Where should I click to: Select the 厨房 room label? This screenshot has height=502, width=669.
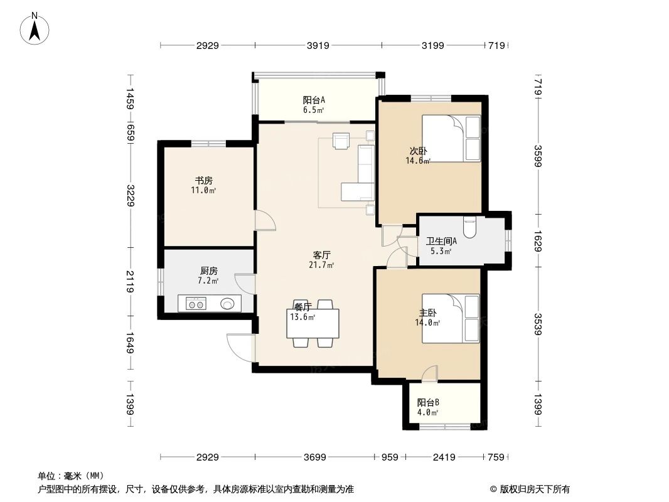[208, 271]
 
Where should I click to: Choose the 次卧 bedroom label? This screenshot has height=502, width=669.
[418, 151]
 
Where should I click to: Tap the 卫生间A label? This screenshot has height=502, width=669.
[441, 242]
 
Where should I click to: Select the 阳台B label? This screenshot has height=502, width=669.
[428, 403]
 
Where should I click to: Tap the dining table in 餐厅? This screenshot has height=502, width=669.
[313, 323]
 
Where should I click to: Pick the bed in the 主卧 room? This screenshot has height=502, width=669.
[451, 318]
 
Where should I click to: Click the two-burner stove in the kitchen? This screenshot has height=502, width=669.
[196, 304]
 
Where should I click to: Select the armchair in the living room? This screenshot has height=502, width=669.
[341, 141]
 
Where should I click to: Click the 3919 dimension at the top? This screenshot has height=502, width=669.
[319, 45]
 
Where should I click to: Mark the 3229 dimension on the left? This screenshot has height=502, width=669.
[129, 195]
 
